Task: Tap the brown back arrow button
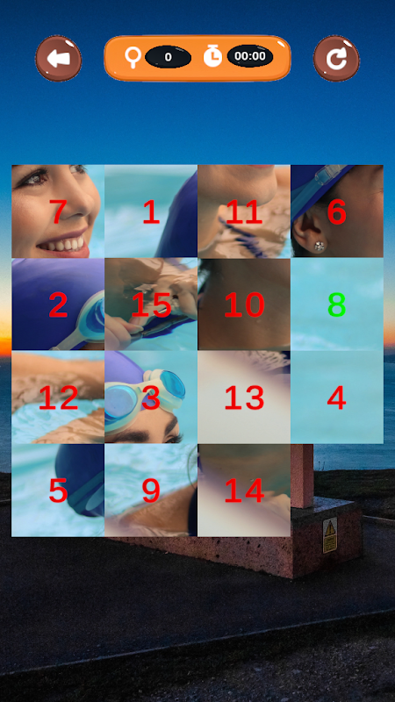58,59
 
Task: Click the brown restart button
336,59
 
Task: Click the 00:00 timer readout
250,56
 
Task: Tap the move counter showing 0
168,57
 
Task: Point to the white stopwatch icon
212,56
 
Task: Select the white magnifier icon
133,57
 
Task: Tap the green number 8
336,304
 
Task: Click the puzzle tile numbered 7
58,211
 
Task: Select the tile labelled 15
151,304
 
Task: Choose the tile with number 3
151,398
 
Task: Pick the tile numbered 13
244,398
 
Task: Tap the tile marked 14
244,491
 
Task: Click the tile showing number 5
58,491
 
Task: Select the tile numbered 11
244,211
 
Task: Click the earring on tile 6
319,246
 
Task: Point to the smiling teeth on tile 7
62,245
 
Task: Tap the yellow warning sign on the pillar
330,535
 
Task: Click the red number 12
58,398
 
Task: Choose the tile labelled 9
151,491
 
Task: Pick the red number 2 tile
58,304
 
